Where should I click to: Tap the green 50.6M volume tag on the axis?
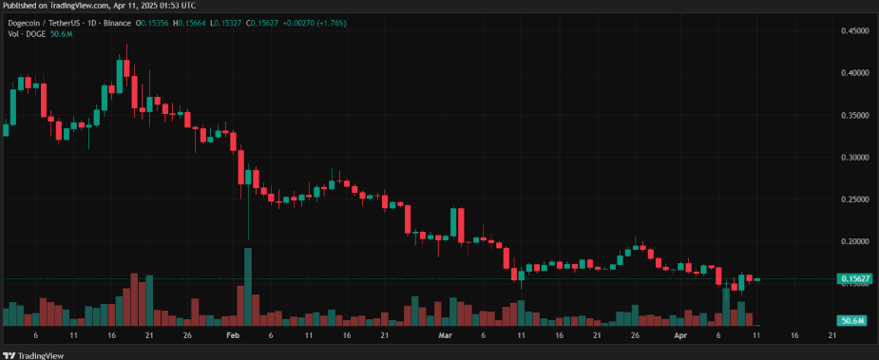[851, 321]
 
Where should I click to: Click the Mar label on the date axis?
[445, 335]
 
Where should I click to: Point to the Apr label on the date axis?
[680, 335]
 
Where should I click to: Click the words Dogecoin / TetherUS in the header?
[48, 22]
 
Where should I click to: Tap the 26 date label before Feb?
[188, 335]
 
